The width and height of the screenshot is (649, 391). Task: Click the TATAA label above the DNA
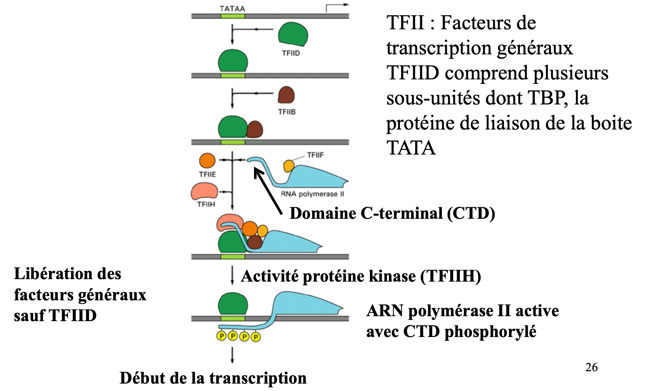click(232, 8)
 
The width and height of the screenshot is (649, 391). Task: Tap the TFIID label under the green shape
click(291, 53)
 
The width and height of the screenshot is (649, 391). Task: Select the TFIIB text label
click(286, 112)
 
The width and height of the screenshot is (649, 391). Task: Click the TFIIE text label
click(207, 174)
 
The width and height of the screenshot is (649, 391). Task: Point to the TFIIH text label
click(206, 204)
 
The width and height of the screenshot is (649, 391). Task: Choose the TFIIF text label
click(315, 155)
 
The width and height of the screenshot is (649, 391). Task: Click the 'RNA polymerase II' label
click(312, 194)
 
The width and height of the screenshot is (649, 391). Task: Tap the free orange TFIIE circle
click(207, 161)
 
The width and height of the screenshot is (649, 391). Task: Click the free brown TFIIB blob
click(286, 95)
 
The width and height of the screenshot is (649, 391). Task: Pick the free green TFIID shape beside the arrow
click(293, 34)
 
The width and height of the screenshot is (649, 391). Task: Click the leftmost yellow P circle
click(221, 336)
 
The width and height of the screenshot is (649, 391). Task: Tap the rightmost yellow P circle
click(256, 337)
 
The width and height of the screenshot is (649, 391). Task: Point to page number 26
click(591, 367)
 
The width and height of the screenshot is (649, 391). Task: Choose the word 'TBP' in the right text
click(547, 98)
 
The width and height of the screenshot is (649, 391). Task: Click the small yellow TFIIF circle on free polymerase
click(289, 166)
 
